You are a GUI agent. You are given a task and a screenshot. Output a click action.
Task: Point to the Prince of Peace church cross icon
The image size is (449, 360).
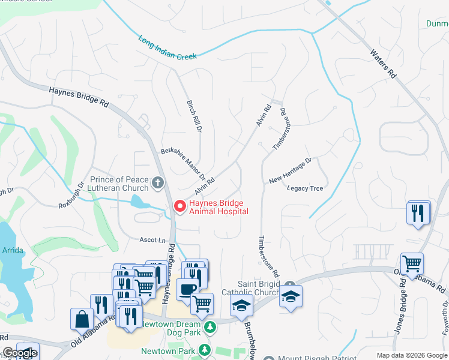pyautogui.click(x=158, y=182)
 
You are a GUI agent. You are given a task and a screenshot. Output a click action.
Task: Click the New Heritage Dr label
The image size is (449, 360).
pyautogui.click(x=291, y=170)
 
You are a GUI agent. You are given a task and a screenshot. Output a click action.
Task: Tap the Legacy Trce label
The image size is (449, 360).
pyautogui.click(x=305, y=188)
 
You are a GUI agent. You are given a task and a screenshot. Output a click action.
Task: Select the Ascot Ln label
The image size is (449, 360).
pyautogui.click(x=152, y=240)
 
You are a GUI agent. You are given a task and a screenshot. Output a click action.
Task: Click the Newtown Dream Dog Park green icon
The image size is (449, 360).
pyautogui.click(x=210, y=327)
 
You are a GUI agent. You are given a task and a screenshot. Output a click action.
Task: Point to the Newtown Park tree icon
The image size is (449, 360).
pyautogui.click(x=205, y=350)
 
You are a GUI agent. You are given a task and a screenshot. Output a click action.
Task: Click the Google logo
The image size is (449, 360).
pyautogui.click(x=19, y=353)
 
